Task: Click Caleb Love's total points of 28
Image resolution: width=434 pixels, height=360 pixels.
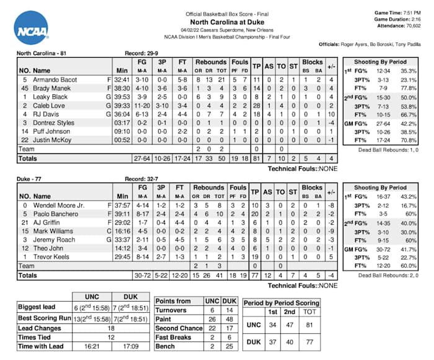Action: (x=256, y=106)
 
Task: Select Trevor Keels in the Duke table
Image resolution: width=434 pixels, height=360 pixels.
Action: (x=43, y=256)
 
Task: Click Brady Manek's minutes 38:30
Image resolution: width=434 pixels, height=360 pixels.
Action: (x=122, y=88)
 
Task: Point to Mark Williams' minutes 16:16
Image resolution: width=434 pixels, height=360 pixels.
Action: (x=122, y=231)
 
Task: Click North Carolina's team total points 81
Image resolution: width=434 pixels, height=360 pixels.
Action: (x=256, y=158)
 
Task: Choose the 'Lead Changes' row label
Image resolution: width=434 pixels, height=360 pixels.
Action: (x=37, y=327)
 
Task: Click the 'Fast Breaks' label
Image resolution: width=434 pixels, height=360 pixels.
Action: (x=171, y=336)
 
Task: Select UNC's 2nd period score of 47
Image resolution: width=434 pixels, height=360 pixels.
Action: (x=290, y=324)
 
